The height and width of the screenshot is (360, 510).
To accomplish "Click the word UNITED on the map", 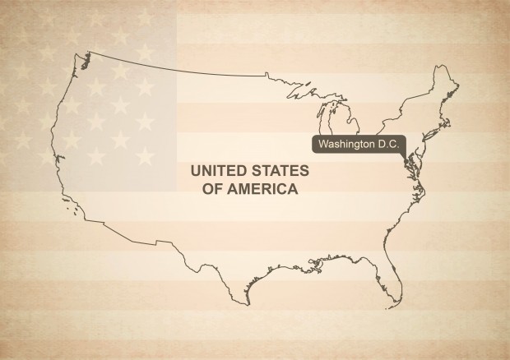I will (x=218, y=172).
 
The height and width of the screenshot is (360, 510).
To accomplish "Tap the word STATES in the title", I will (x=278, y=172).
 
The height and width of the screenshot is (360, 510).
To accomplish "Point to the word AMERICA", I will (x=262, y=188).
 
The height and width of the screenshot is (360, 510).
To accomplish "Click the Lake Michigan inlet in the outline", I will (x=331, y=123).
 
